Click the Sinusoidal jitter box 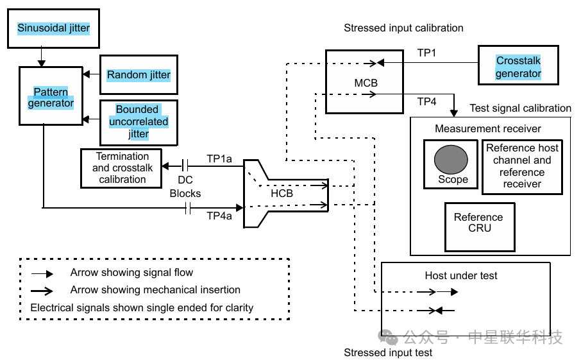53,28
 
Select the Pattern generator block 54,97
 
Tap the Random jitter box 139,75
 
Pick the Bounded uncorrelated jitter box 139,121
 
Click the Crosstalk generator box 518,67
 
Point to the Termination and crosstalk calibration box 122,168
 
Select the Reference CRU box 478,223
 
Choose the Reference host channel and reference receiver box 522,166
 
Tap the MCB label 366,83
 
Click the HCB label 282,193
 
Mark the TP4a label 219,216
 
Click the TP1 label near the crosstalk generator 426,53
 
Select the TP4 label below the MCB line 426,101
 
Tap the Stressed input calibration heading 403,28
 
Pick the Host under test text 461,276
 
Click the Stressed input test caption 388,352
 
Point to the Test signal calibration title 520,108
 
